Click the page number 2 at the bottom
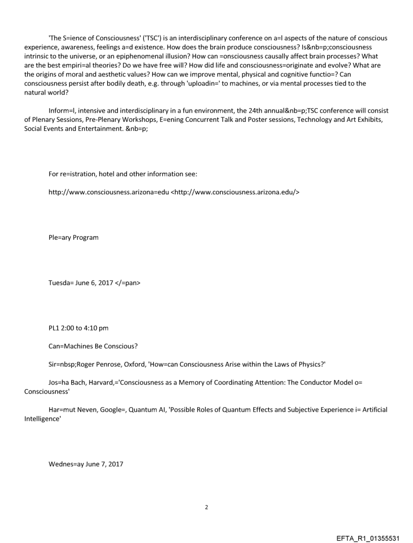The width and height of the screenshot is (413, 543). tap(206, 507)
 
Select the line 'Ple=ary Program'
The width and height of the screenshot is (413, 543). tap(73, 237)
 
